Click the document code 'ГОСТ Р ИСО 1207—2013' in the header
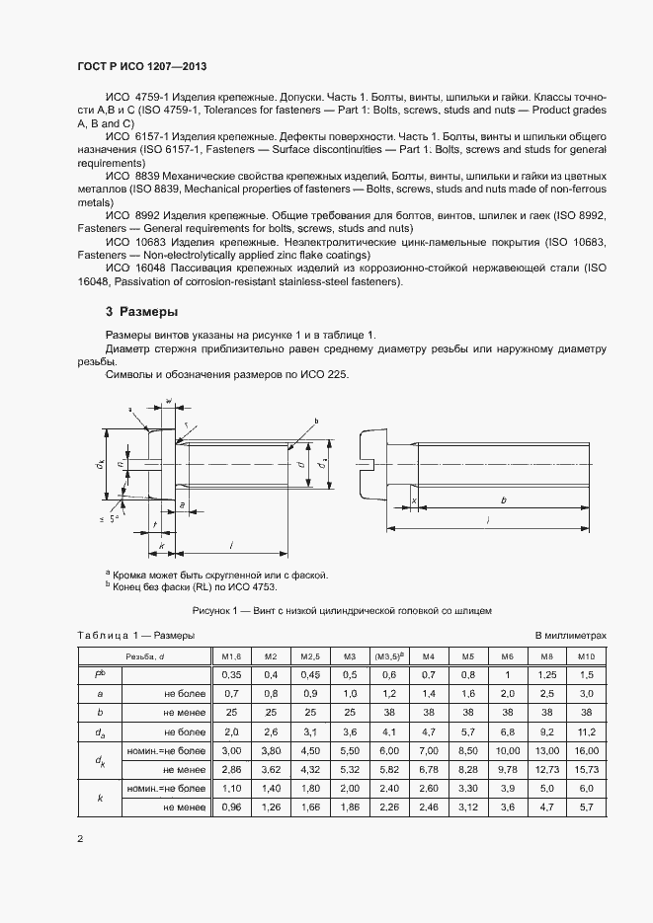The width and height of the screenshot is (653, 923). pyautogui.click(x=141, y=66)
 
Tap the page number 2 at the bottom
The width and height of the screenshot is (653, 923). pyautogui.click(x=79, y=839)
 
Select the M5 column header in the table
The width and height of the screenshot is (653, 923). pyautogui.click(x=468, y=656)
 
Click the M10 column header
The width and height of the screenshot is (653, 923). pyautogui.click(x=587, y=656)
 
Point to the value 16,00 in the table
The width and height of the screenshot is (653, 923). pyautogui.click(x=587, y=751)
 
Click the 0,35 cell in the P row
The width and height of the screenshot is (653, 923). pyautogui.click(x=230, y=675)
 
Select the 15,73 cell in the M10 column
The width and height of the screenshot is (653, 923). pyautogui.click(x=587, y=770)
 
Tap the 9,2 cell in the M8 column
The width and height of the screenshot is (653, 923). pyautogui.click(x=548, y=732)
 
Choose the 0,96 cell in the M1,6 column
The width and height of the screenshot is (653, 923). pyautogui.click(x=230, y=808)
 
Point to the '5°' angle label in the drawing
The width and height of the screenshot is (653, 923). pyautogui.click(x=115, y=518)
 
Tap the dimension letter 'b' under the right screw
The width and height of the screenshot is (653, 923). pyautogui.click(x=504, y=501)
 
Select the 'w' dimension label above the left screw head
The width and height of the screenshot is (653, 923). pyautogui.click(x=169, y=401)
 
